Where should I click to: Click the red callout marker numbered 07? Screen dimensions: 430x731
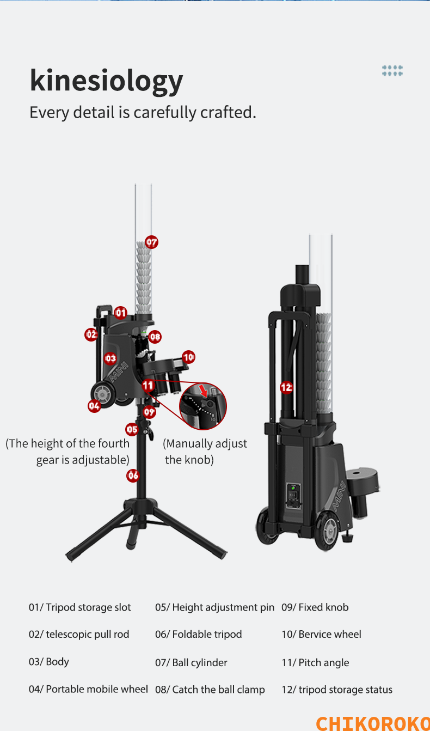click(152, 242)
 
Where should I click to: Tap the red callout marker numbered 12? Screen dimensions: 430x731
click(286, 387)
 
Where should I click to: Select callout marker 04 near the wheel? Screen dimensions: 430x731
click(94, 406)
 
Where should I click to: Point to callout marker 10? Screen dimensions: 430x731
click(188, 357)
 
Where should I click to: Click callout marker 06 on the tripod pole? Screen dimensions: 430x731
click(133, 476)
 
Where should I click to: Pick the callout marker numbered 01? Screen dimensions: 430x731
click(121, 313)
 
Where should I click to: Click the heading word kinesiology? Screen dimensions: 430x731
click(106, 81)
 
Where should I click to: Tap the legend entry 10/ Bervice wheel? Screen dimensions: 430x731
click(322, 634)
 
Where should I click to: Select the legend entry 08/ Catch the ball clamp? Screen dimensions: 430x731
click(210, 690)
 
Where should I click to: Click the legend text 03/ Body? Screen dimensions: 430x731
click(49, 662)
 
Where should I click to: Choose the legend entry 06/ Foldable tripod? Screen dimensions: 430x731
click(199, 634)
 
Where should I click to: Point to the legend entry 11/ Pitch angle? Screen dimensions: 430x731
click(315, 662)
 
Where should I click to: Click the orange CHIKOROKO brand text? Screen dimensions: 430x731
click(373, 722)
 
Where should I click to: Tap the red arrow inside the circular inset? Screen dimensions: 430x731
click(204, 391)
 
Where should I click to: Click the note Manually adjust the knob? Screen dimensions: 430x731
click(205, 452)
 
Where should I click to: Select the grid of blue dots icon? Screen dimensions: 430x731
click(392, 70)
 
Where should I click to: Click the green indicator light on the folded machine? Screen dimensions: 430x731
click(293, 488)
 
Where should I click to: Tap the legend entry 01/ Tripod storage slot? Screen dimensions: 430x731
click(80, 607)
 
